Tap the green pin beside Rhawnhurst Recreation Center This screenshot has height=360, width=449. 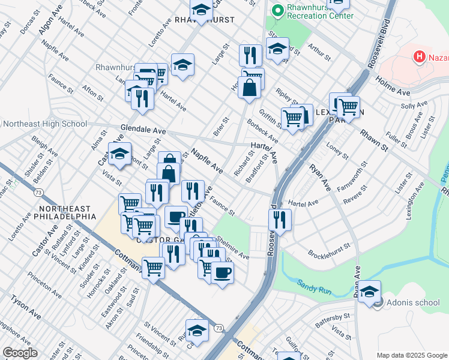tap(277, 11)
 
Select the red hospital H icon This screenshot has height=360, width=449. tap(420, 57)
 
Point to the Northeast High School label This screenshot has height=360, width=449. tap(45, 124)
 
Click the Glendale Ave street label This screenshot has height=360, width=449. tap(143, 130)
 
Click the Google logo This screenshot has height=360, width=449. tap(20, 353)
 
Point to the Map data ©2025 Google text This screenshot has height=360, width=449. tap(411, 355)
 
